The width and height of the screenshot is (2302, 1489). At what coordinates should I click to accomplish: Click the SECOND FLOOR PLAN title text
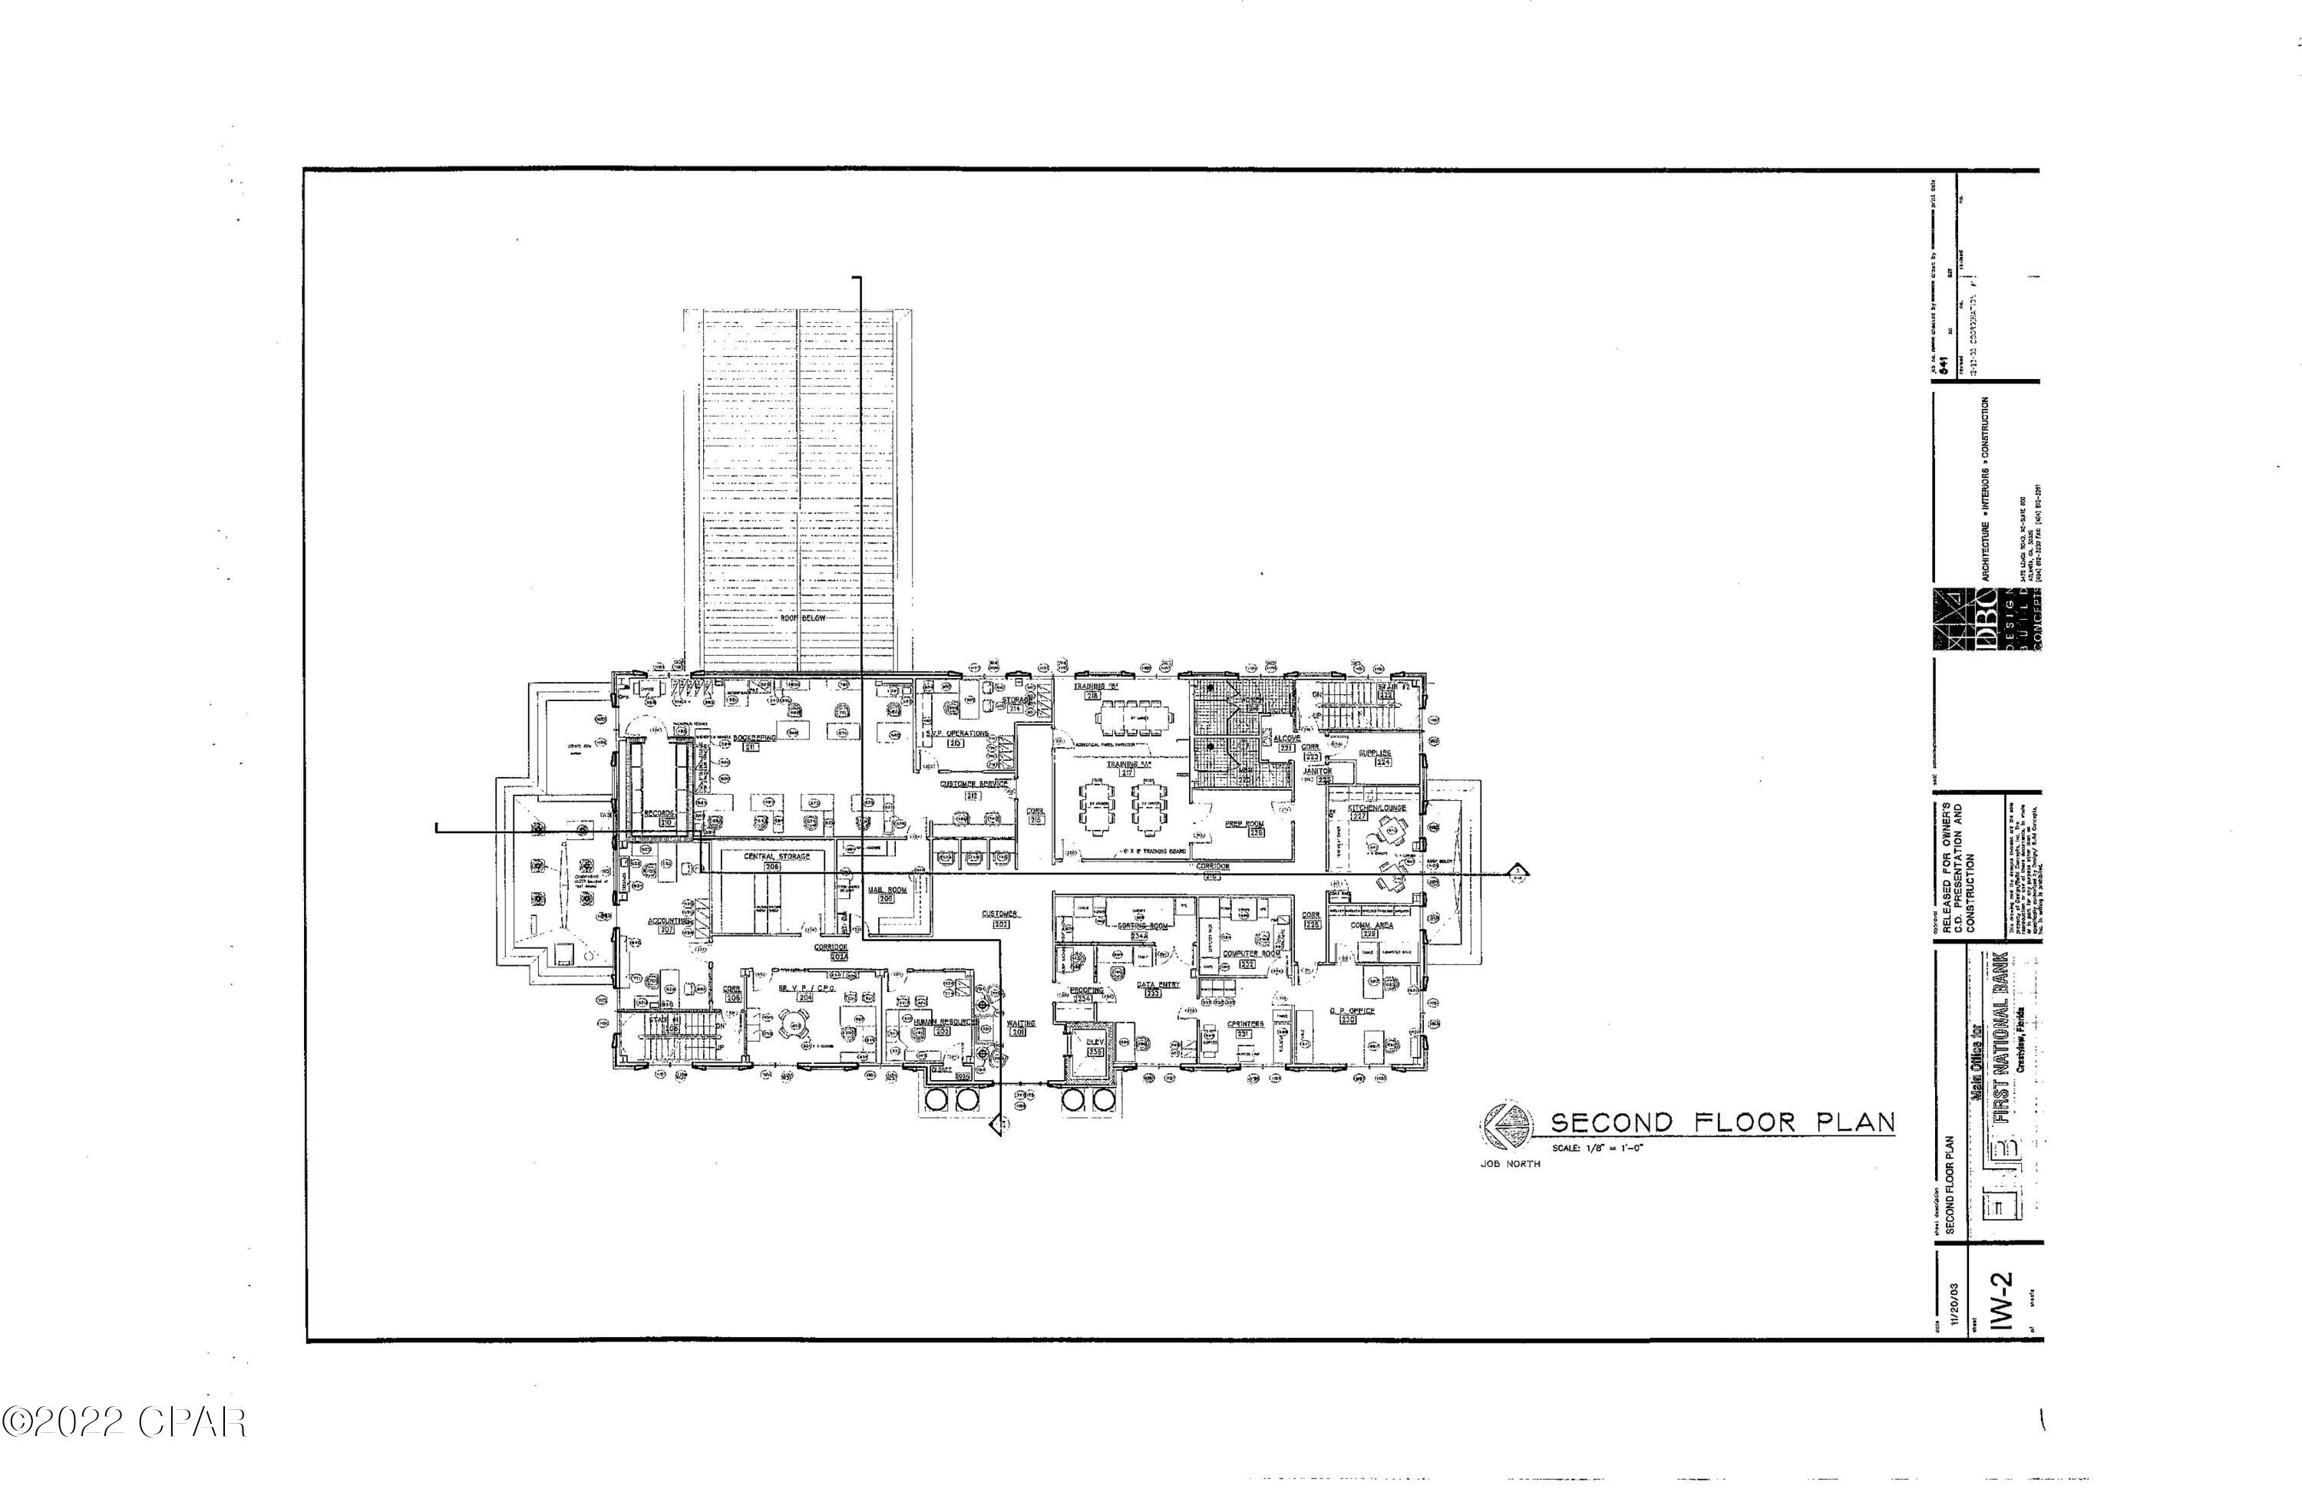click(1722, 1122)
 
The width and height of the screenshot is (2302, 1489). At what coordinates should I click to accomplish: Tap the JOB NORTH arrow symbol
click(1506, 1125)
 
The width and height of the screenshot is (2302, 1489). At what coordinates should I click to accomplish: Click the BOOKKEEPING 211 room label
click(755, 740)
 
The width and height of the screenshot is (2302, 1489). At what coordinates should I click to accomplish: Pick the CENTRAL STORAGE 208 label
click(777, 861)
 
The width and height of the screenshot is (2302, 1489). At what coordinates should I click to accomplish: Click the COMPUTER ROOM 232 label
click(1250, 957)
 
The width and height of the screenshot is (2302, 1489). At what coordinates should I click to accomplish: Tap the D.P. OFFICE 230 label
click(1351, 1014)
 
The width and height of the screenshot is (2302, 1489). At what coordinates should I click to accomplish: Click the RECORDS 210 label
click(659, 817)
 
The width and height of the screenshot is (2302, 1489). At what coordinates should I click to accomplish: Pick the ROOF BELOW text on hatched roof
click(803, 618)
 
